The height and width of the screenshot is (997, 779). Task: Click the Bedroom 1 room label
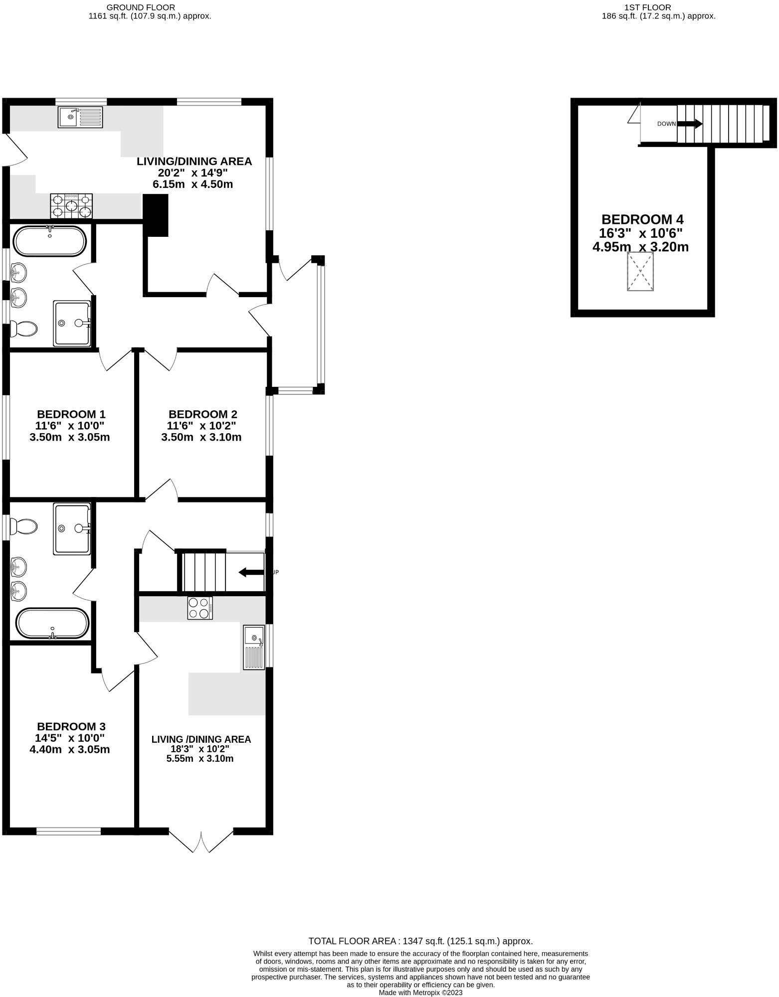click(71, 414)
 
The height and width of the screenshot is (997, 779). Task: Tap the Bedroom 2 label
click(202, 414)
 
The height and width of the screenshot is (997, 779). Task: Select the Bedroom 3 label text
click(71, 727)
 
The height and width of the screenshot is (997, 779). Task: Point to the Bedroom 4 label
click(642, 219)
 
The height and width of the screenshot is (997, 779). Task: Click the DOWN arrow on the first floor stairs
click(690, 124)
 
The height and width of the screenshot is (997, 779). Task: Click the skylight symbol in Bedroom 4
click(640, 271)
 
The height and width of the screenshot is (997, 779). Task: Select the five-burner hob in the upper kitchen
click(71, 206)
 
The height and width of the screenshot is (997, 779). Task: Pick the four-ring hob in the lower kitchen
click(199, 608)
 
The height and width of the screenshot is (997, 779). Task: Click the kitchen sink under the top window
click(80, 117)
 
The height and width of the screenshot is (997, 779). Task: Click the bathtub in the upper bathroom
click(50, 241)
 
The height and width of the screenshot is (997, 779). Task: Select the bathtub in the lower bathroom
click(53, 623)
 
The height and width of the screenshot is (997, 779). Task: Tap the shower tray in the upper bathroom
click(72, 323)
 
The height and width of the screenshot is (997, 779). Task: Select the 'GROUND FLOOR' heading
click(141, 7)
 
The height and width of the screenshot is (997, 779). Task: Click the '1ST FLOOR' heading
click(647, 7)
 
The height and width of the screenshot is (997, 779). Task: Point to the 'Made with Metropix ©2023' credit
click(420, 993)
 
